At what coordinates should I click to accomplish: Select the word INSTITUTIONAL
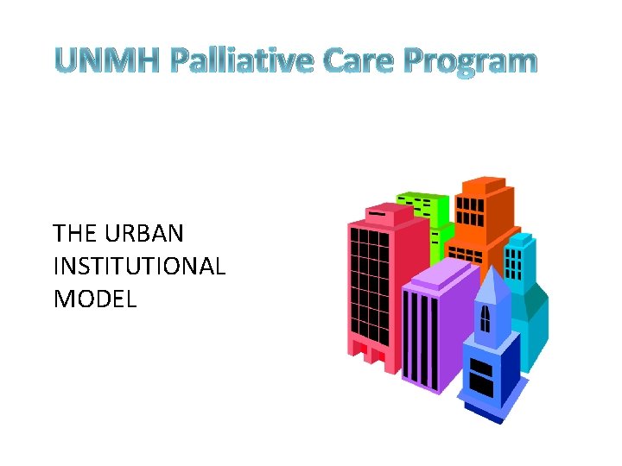pyautogui.click(x=139, y=266)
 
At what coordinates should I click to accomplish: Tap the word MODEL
pyautogui.click(x=95, y=299)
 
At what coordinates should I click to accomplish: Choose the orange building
pyautogui.click(x=484, y=216)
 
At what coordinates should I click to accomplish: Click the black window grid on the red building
pyautogui.click(x=370, y=285)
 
